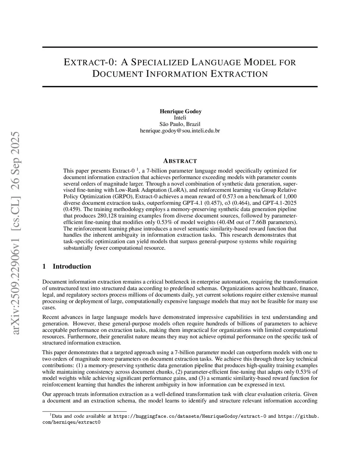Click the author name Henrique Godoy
[x=180, y=111]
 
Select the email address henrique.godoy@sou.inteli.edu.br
[x=180, y=130]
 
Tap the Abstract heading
[x=180, y=161]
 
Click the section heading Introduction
[x=72, y=266]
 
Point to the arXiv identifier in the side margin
[x=16, y=233]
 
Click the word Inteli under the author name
[x=180, y=118]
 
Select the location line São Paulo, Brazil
[x=180, y=124]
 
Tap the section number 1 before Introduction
[x=44, y=266]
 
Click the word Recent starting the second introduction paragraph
[x=51, y=317]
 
